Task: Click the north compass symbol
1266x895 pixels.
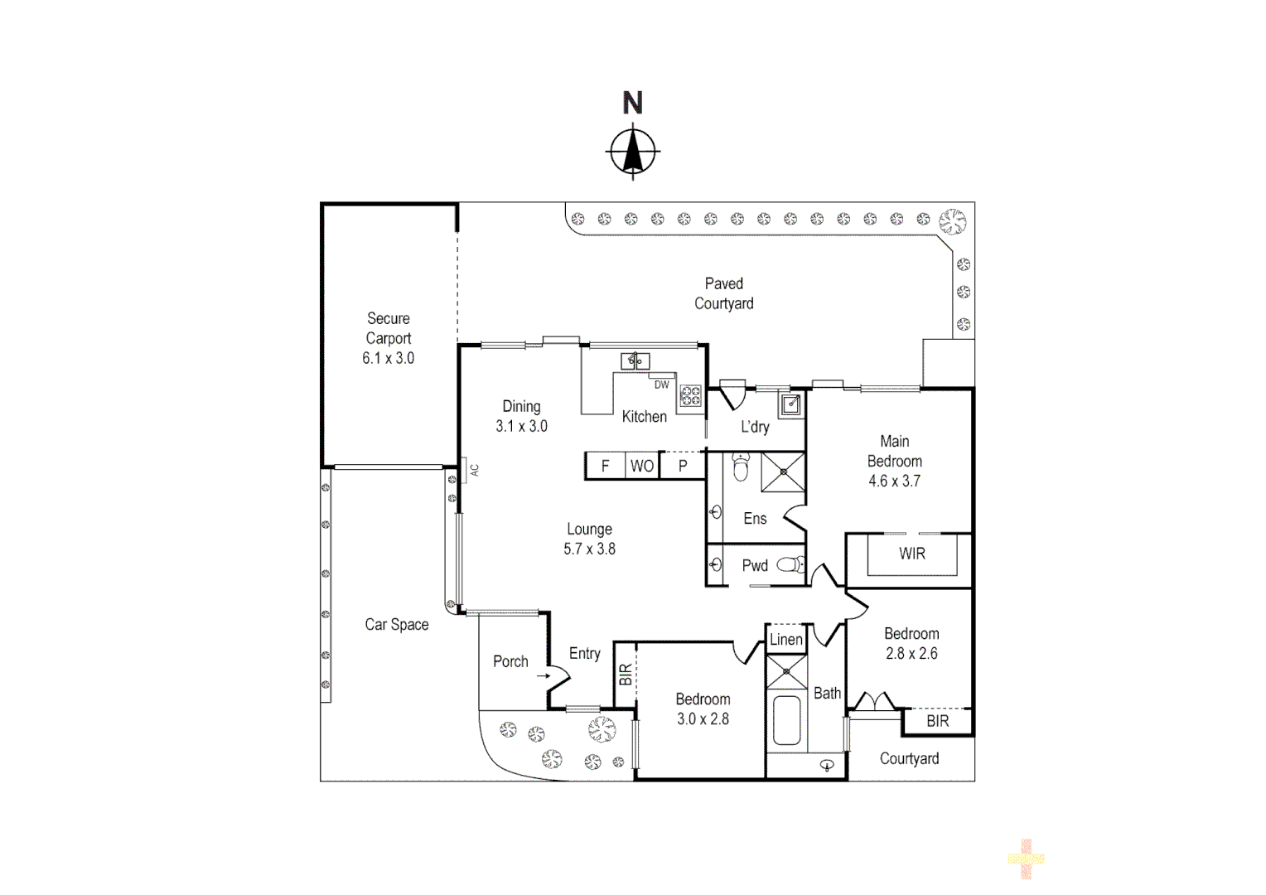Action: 634,152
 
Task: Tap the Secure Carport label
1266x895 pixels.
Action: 388,329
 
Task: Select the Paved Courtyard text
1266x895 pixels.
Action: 723,293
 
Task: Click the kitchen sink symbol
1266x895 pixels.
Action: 635,360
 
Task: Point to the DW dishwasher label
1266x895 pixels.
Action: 661,385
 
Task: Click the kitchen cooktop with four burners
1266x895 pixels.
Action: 691,396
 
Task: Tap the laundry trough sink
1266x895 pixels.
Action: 791,404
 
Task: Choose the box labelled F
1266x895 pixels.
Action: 605,466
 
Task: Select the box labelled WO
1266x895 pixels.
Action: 642,466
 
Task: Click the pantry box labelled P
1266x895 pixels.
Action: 683,466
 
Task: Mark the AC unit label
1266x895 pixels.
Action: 474,469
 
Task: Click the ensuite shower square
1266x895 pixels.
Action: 783,472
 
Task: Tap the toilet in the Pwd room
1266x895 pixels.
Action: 793,565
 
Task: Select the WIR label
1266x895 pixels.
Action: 911,554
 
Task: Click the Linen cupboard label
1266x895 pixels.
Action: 785,639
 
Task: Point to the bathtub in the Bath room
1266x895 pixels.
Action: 785,720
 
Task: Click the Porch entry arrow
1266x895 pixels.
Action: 543,676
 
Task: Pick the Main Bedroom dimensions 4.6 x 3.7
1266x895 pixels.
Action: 894,481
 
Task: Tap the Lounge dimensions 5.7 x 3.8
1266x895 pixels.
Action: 589,549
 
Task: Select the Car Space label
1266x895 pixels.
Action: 396,625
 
